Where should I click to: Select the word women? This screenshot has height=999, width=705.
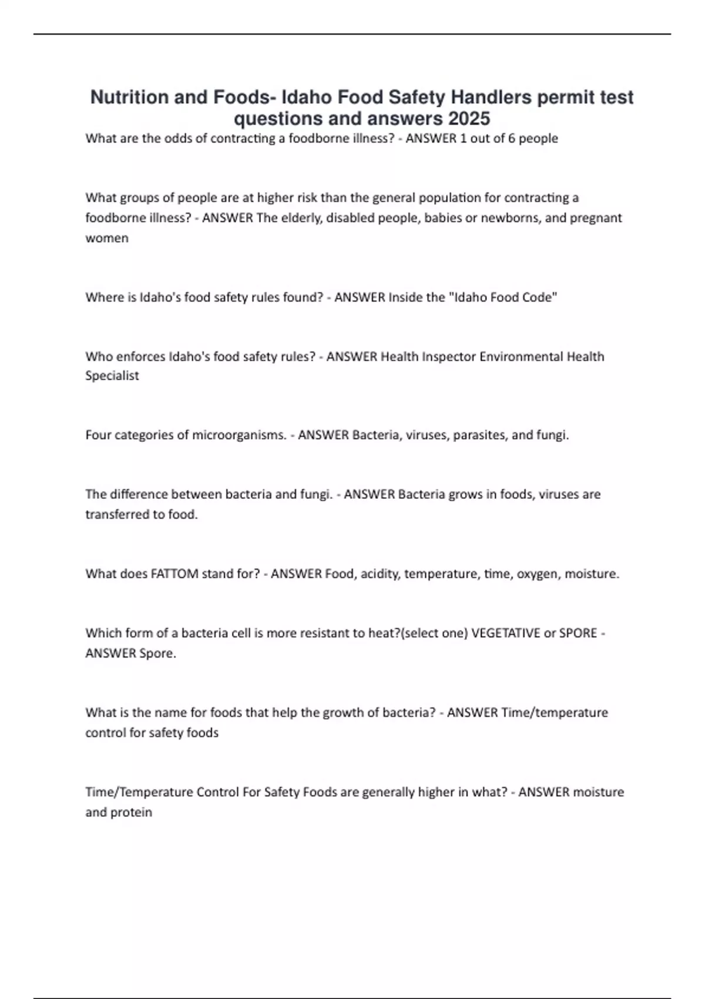(107, 238)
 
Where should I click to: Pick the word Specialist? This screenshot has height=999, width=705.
(112, 376)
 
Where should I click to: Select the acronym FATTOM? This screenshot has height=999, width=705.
(174, 574)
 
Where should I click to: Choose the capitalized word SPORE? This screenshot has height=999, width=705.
(578, 633)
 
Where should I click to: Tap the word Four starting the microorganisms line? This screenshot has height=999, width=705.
(98, 435)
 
